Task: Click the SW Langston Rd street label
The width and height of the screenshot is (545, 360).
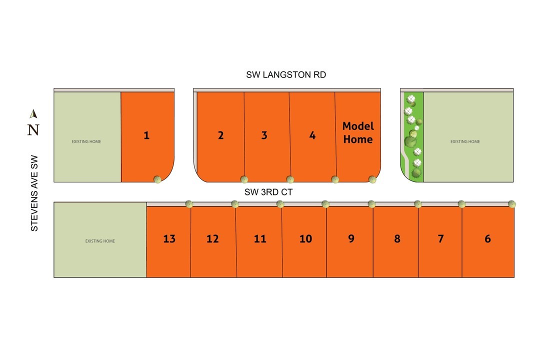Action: pyautogui.click(x=286, y=74)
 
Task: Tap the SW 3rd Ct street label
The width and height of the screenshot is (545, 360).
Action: pyautogui.click(x=268, y=192)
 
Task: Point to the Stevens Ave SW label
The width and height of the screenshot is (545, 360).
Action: pyautogui.click(x=34, y=193)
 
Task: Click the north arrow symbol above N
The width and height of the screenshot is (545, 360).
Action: pyautogui.click(x=33, y=114)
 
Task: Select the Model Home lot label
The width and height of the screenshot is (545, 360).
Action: pyautogui.click(x=358, y=132)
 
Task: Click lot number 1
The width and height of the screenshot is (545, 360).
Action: pyautogui.click(x=146, y=135)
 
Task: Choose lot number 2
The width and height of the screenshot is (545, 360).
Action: pyautogui.click(x=220, y=135)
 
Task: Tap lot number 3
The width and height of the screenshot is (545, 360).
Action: pyautogui.click(x=264, y=135)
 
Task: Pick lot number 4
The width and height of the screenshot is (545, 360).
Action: pyautogui.click(x=312, y=135)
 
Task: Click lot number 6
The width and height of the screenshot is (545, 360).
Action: pyautogui.click(x=487, y=238)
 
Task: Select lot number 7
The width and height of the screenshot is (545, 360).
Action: pyautogui.click(x=440, y=238)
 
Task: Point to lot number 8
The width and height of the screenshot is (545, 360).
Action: pyautogui.click(x=397, y=238)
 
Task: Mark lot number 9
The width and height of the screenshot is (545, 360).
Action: pyautogui.click(x=351, y=238)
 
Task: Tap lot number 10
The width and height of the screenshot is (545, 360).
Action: pyautogui.click(x=306, y=238)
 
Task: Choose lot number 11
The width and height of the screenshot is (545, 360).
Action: pyautogui.click(x=260, y=238)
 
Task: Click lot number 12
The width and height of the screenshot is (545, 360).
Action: pyautogui.click(x=212, y=238)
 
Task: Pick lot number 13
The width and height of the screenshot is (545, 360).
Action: pyautogui.click(x=169, y=238)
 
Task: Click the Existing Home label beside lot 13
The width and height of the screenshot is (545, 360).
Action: pyautogui.click(x=100, y=241)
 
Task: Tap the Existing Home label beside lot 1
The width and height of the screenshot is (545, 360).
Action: pyautogui.click(x=86, y=142)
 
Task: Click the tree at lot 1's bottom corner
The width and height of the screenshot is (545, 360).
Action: pyautogui.click(x=157, y=179)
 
